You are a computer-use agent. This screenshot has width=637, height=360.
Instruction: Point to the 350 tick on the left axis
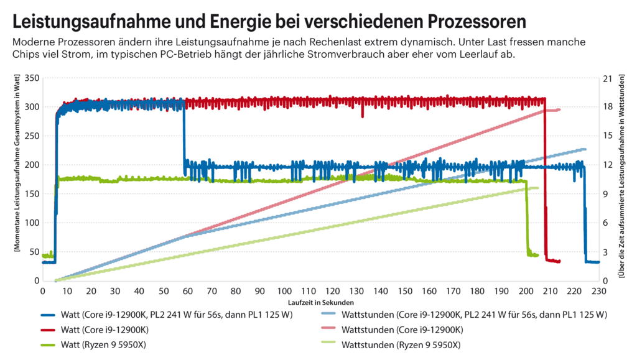point(31,78)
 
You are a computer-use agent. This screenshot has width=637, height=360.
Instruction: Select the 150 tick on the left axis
point(31,194)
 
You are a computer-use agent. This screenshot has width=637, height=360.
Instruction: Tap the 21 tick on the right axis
point(610,78)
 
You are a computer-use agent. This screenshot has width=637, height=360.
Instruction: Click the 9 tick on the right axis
point(608,194)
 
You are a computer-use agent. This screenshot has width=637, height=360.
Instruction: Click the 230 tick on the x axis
point(598,291)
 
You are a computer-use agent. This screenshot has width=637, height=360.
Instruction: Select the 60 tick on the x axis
point(188,291)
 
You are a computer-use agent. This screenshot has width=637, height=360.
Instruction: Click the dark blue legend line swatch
point(52,315)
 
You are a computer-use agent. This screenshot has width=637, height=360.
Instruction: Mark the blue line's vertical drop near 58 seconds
point(184,140)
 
